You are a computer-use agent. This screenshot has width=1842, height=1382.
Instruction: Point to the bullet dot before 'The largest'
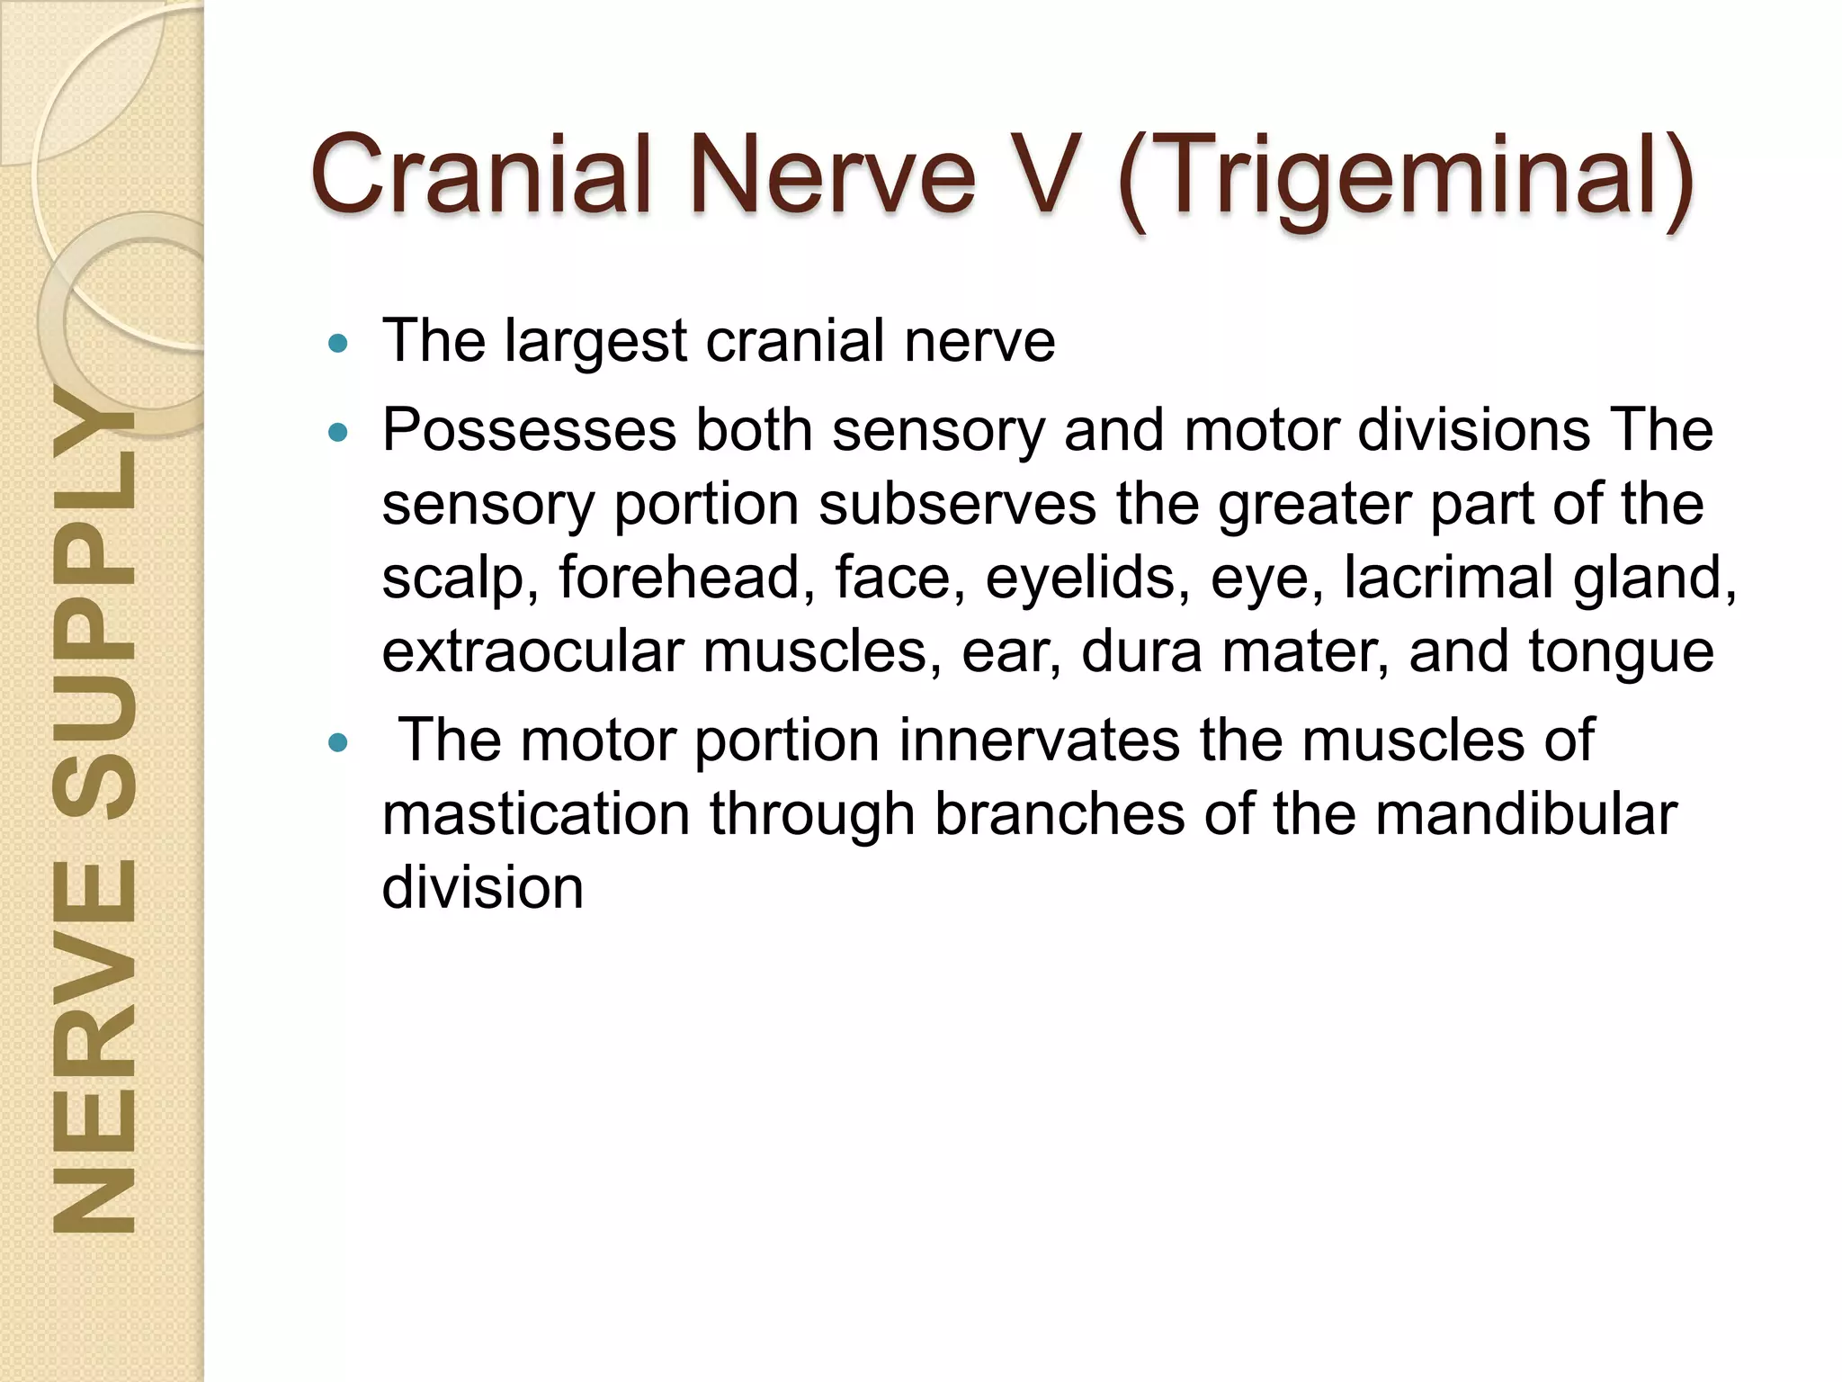(x=338, y=343)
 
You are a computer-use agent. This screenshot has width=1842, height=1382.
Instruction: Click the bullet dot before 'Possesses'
(x=338, y=433)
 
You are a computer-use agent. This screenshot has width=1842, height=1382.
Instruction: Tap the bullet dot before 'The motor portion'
(x=338, y=743)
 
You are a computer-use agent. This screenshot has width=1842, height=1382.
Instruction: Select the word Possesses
(x=529, y=430)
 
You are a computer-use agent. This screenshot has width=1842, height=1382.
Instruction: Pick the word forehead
(x=680, y=577)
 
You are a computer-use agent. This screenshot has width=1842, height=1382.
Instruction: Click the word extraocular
(x=532, y=651)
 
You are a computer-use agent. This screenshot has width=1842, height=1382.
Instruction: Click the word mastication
(x=536, y=814)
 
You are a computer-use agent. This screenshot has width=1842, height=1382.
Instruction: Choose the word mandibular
(x=1525, y=814)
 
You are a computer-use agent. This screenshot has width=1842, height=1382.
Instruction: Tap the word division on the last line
(x=483, y=888)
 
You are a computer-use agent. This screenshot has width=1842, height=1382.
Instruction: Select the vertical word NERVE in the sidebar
(x=94, y=1044)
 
